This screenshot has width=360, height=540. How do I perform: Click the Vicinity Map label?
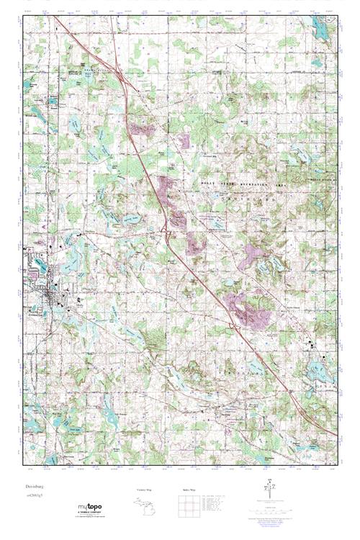pyautogui.click(x=145, y=490)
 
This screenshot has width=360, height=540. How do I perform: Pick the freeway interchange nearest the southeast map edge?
pyautogui.click(x=289, y=390)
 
